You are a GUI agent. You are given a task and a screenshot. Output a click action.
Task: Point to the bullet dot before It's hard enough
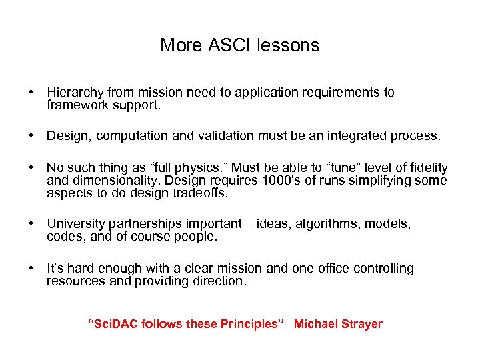point(32,269)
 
